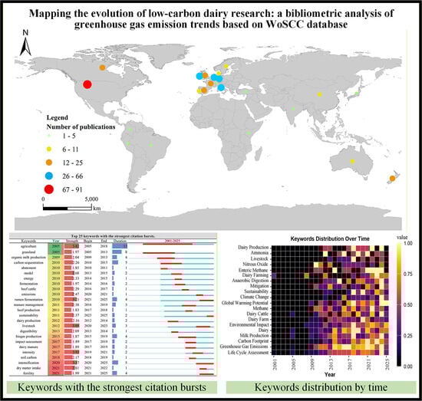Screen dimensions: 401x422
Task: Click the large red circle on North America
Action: coord(87,84)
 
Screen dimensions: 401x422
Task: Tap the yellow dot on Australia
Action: coord(351,161)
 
